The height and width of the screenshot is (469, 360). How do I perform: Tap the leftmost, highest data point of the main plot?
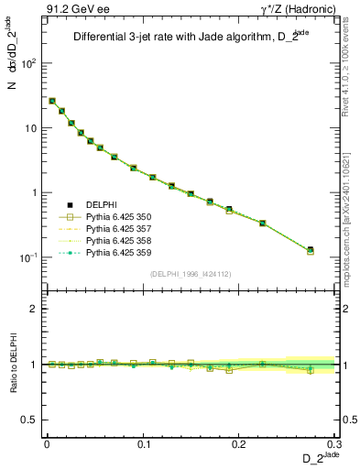(x=52, y=101)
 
